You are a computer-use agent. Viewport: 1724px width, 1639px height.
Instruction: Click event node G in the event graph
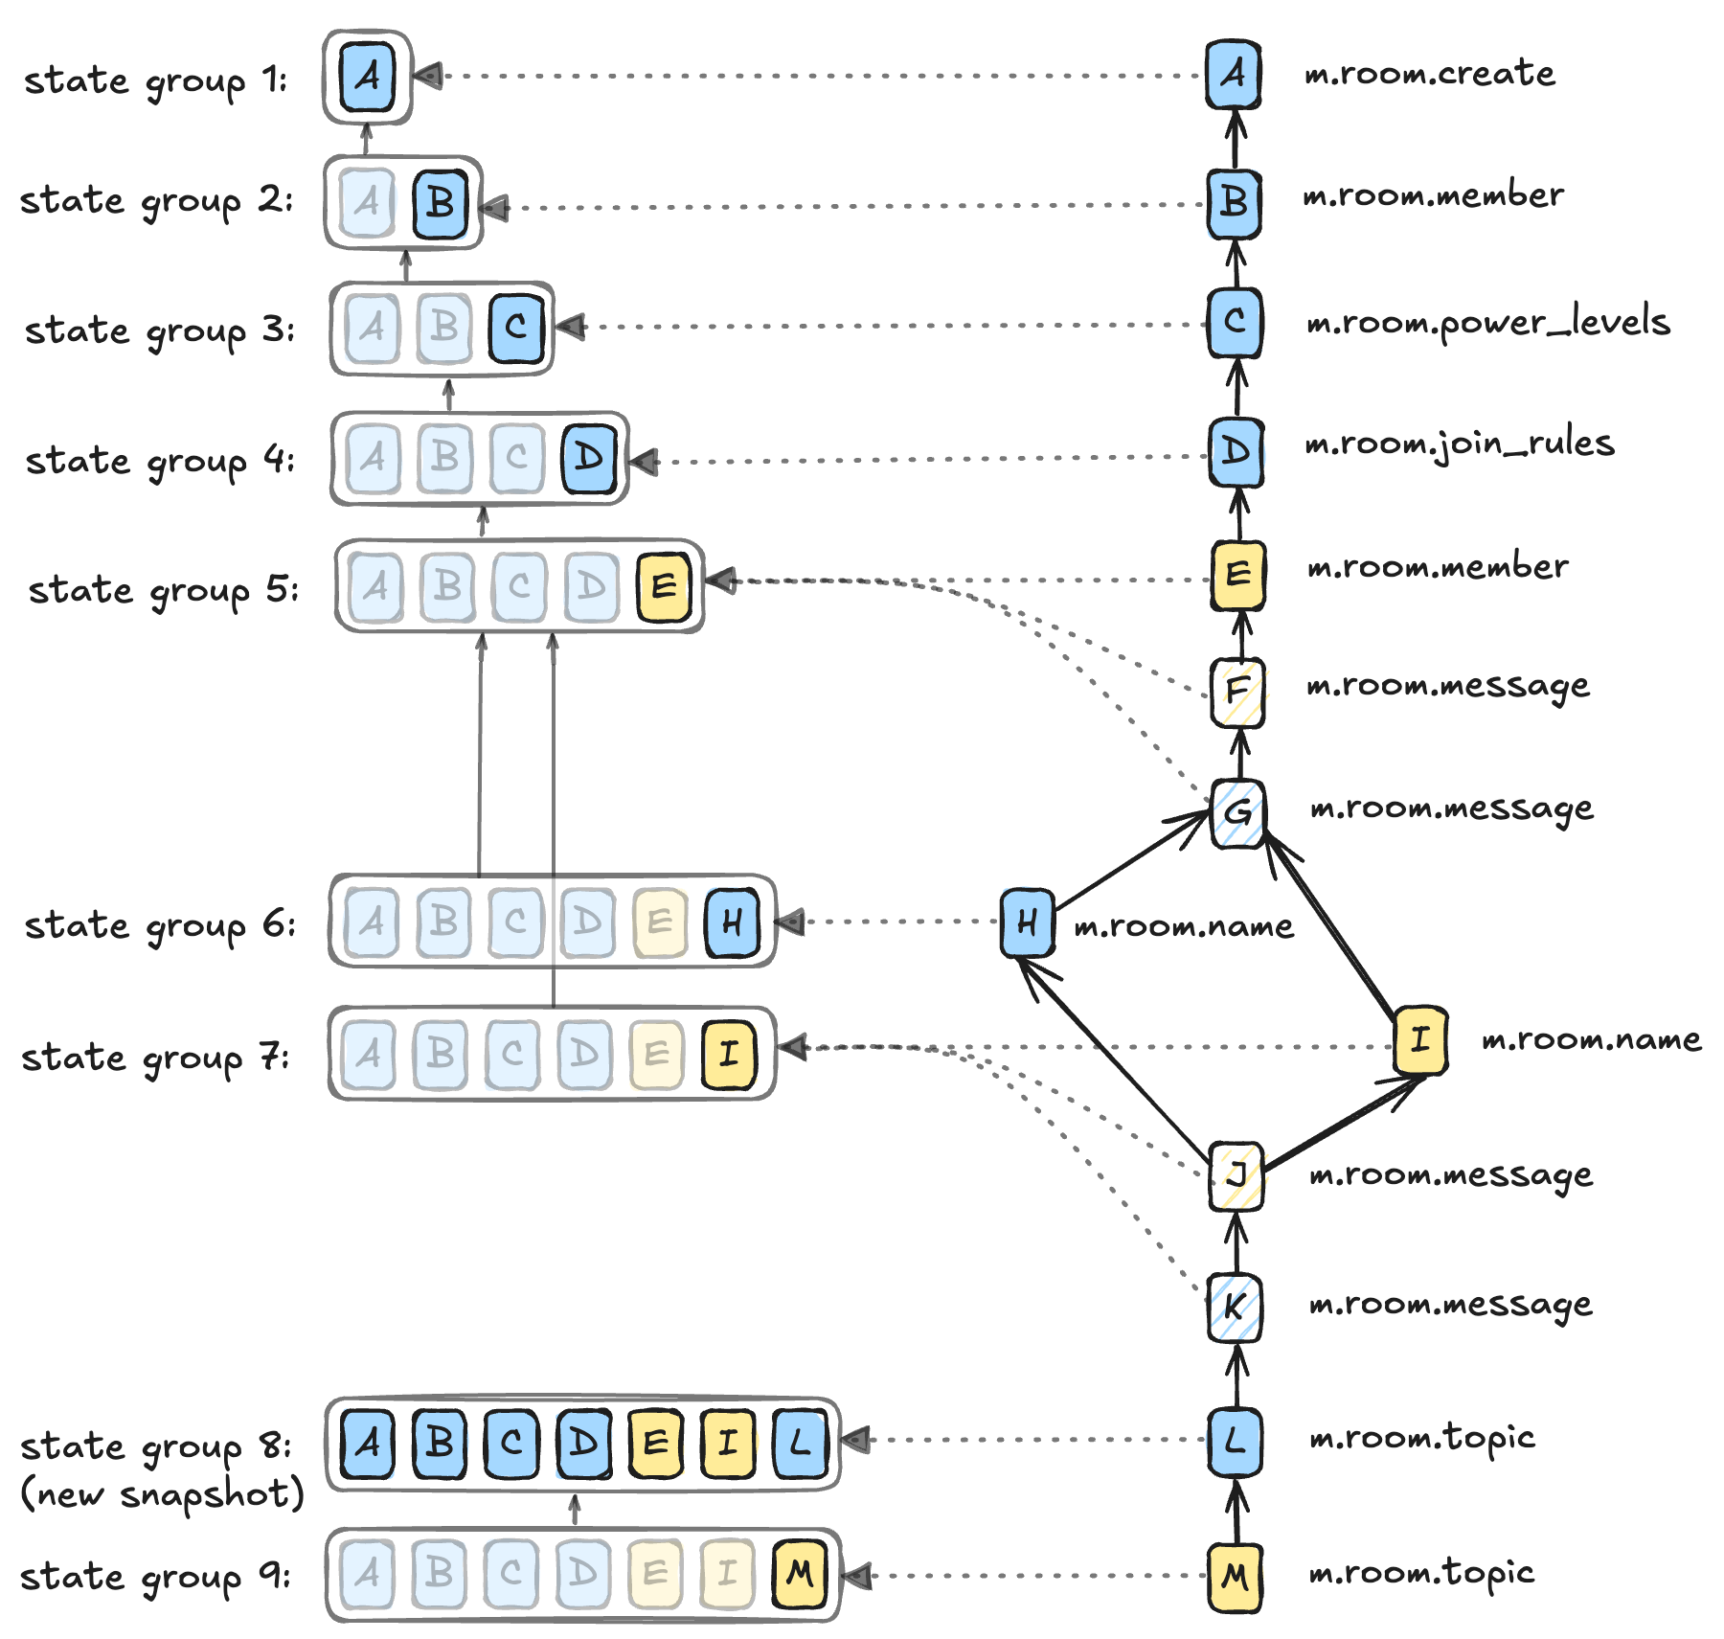1237,813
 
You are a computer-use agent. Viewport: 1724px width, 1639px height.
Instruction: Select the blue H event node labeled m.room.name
1027,922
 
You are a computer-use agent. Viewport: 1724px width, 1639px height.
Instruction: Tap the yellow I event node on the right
1419,1039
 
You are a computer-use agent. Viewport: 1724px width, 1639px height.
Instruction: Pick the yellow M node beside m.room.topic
1235,1577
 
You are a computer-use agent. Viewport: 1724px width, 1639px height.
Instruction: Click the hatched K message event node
1234,1308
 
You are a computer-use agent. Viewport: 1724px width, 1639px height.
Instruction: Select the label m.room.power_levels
1488,323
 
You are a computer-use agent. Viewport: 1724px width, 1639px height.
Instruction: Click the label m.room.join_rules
1460,444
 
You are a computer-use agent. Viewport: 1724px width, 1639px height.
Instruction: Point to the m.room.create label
1430,74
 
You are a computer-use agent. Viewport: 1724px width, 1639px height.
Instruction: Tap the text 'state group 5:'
163,590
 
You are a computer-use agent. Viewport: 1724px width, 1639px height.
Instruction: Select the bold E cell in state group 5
664,586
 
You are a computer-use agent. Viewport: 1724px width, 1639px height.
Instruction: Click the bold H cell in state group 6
732,922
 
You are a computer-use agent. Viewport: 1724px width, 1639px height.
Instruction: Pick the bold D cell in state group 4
588,458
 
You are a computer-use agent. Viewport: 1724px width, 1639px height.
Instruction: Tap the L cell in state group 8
800,1443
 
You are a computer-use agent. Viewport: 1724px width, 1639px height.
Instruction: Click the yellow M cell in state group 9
799,1573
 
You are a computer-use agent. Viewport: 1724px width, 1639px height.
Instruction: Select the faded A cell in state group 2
368,202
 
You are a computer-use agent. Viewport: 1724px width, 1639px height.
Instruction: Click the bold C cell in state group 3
516,328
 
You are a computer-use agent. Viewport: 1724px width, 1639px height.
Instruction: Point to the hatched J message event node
1236,1175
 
